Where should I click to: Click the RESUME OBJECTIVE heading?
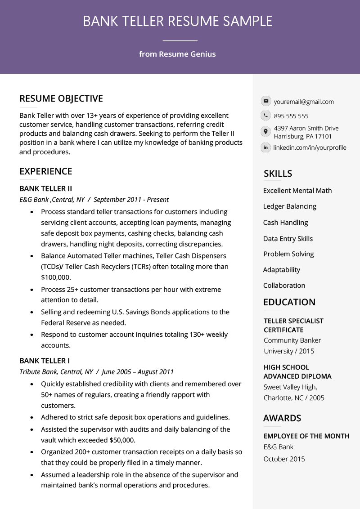click(x=61, y=98)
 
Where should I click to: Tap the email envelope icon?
click(x=266, y=101)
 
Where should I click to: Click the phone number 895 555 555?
click(x=291, y=116)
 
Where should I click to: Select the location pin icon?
click(x=266, y=132)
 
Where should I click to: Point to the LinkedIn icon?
click(x=266, y=147)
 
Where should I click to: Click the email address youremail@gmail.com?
click(x=304, y=102)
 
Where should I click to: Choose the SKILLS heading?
click(x=278, y=174)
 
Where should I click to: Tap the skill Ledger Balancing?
click(x=290, y=206)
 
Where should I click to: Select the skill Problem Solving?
click(x=288, y=254)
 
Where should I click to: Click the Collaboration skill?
click(x=284, y=286)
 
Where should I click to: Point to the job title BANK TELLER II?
click(x=45, y=188)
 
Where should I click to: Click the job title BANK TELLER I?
click(x=45, y=361)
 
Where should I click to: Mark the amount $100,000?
click(x=56, y=277)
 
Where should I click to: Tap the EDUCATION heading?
click(x=289, y=302)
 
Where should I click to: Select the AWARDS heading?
click(x=282, y=418)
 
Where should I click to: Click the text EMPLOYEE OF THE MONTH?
click(x=306, y=436)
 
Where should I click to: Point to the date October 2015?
click(x=284, y=459)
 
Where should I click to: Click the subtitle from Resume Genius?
click(x=177, y=54)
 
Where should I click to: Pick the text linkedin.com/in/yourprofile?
click(x=310, y=147)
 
